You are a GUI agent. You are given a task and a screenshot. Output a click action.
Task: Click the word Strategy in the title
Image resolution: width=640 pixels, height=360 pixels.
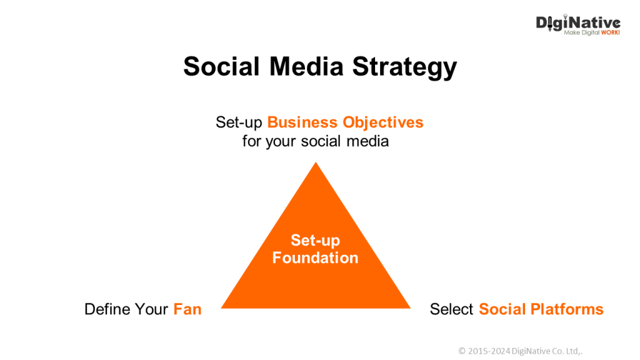pos(404,67)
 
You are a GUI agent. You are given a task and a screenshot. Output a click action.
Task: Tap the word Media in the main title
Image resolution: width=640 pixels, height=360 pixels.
pos(306,66)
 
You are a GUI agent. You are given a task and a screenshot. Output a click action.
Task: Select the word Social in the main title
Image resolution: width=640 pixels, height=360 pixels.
pos(222,66)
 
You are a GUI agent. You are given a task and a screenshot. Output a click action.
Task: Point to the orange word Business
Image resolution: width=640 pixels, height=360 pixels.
pos(302,122)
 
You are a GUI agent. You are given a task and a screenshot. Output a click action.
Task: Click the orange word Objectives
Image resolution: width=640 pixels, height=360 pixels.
pos(383,122)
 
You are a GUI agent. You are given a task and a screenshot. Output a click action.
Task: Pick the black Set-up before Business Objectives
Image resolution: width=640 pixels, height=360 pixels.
pos(239,122)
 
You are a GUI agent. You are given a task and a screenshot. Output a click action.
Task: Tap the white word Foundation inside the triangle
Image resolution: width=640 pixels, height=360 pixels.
pos(315,258)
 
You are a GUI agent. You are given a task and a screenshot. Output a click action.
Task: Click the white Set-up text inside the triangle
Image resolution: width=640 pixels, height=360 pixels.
pos(315,241)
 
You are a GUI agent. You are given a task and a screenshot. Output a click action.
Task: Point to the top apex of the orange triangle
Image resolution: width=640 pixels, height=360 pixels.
pos(316,162)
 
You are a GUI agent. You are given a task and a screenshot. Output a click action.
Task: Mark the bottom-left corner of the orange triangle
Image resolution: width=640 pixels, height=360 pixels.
pos(221,307)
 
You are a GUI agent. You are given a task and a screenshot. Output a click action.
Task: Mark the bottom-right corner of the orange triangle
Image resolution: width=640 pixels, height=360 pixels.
pos(410,307)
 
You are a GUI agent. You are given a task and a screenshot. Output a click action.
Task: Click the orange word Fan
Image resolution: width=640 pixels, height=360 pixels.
pos(187,309)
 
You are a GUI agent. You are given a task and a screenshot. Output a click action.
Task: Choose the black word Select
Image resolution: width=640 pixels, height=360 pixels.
pos(451,309)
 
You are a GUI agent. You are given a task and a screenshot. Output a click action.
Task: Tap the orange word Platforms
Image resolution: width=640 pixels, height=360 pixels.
pos(566,309)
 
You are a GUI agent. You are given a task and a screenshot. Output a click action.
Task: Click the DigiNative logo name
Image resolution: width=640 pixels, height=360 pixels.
pos(578,23)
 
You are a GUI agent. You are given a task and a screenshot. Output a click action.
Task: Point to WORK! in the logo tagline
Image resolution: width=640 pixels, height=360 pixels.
pos(610,32)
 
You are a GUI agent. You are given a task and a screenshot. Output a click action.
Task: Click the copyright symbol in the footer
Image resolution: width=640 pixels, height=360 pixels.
pos(462,351)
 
